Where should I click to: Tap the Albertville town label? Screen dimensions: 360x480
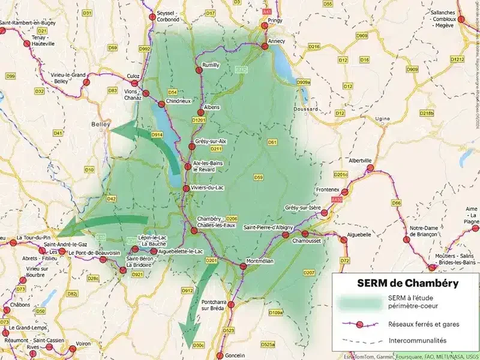361,161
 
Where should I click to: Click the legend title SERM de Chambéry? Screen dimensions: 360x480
400,283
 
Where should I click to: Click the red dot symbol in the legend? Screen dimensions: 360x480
359,324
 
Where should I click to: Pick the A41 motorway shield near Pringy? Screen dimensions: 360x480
267,10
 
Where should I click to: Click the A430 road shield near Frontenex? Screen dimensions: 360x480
336,199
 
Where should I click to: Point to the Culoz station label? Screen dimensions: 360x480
133,76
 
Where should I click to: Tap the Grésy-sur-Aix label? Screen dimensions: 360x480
211,141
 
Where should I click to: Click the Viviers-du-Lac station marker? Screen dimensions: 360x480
186,189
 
